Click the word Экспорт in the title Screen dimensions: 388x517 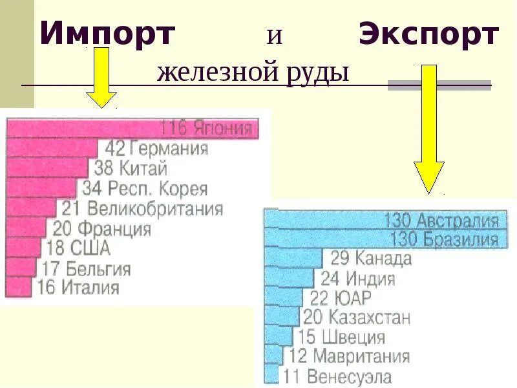pyautogui.click(x=428, y=34)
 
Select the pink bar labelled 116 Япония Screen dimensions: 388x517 pyautogui.click(x=132, y=128)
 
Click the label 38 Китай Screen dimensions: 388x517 pyautogui.click(x=131, y=169)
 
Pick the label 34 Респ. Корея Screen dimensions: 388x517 pyautogui.click(x=145, y=189)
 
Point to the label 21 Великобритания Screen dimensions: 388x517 pyautogui.click(x=142, y=209)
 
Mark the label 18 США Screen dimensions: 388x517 pyautogui.click(x=78, y=248)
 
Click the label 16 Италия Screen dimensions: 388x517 pyautogui.click(x=78, y=287)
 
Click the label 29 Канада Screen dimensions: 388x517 pyautogui.click(x=371, y=259)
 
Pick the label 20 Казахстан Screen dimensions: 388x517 pyautogui.click(x=356, y=318)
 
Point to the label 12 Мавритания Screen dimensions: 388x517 pyautogui.click(x=349, y=356)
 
